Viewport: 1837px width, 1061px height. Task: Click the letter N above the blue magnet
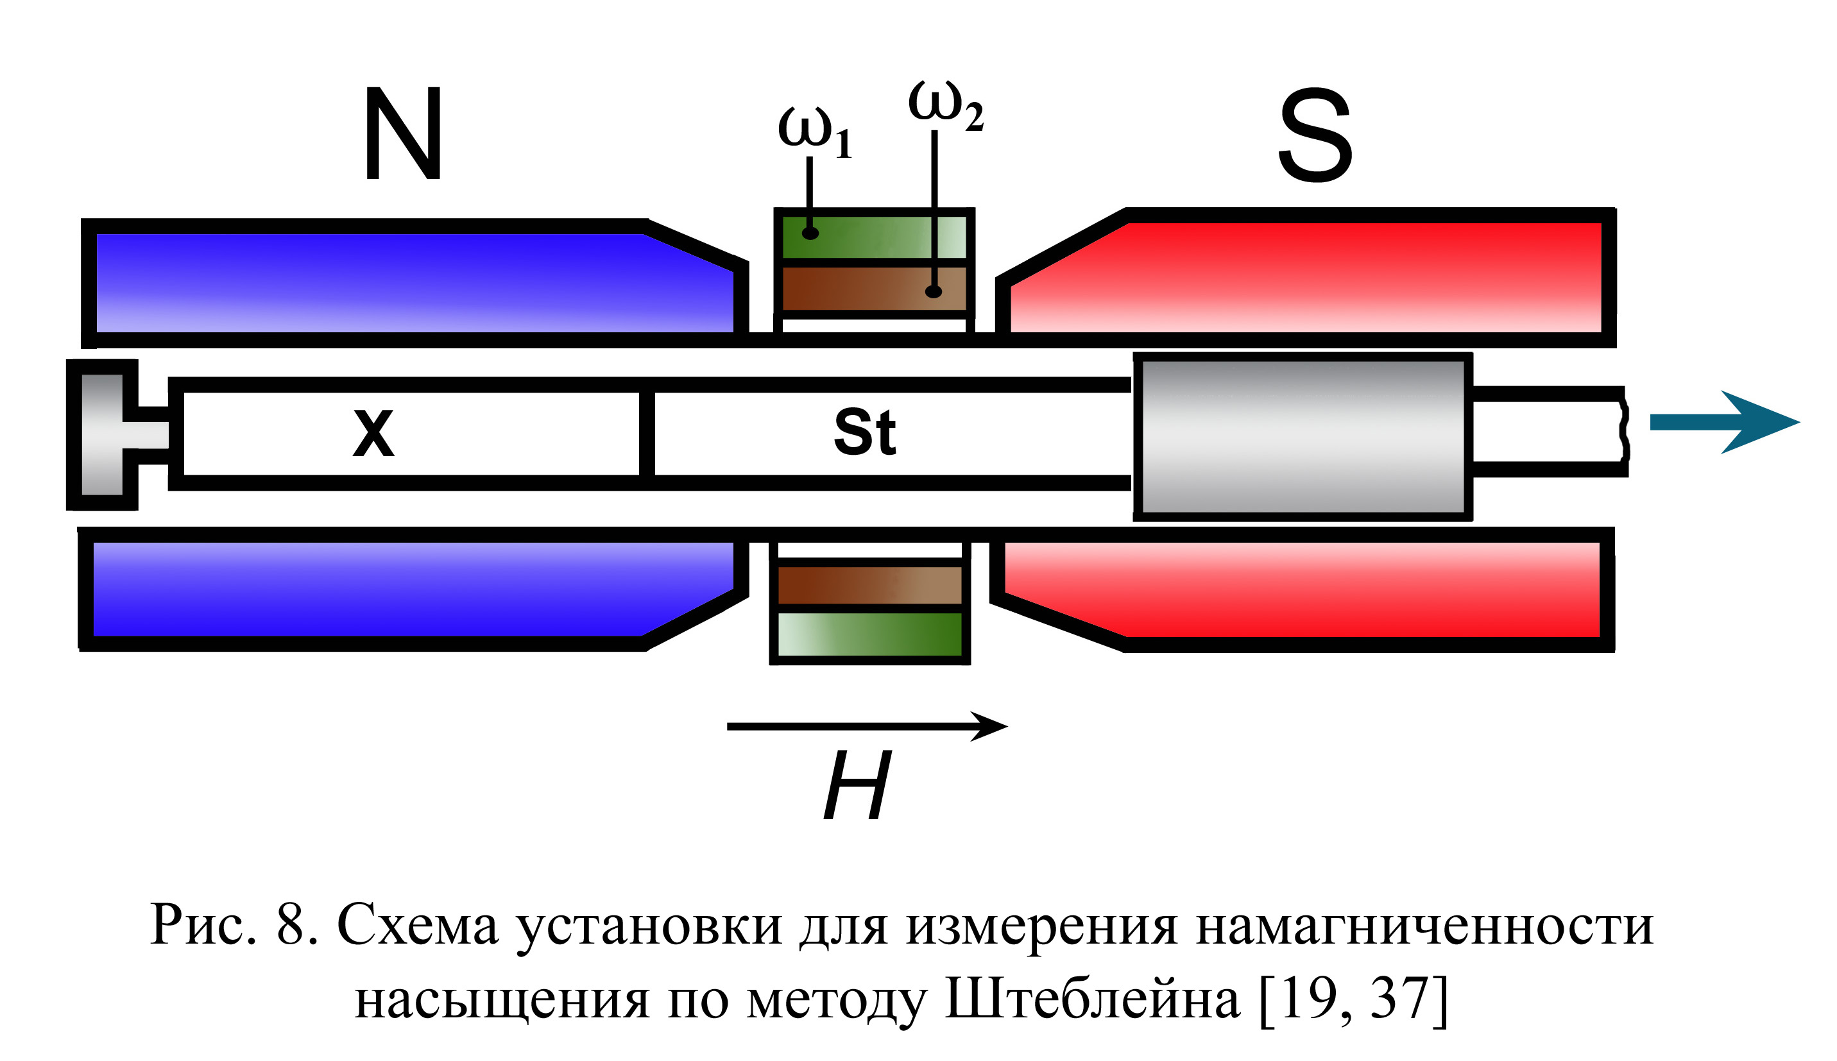[x=403, y=133]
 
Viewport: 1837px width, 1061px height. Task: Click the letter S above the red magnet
[x=1315, y=135]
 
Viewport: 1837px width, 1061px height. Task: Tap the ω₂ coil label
[x=946, y=106]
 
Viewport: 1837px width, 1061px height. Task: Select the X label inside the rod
[x=373, y=433]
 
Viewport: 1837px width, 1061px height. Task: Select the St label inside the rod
[x=865, y=432]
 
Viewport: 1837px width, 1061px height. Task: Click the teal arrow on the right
[x=1724, y=423]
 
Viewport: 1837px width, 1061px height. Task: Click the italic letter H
[x=858, y=786]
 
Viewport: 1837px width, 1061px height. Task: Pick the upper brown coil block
[x=875, y=289]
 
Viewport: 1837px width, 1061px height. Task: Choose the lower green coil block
[x=870, y=634]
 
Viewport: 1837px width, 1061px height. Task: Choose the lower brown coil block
[x=870, y=584]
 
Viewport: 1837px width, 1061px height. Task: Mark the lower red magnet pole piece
[x=1302, y=590]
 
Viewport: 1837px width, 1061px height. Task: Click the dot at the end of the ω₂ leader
[x=934, y=291]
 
